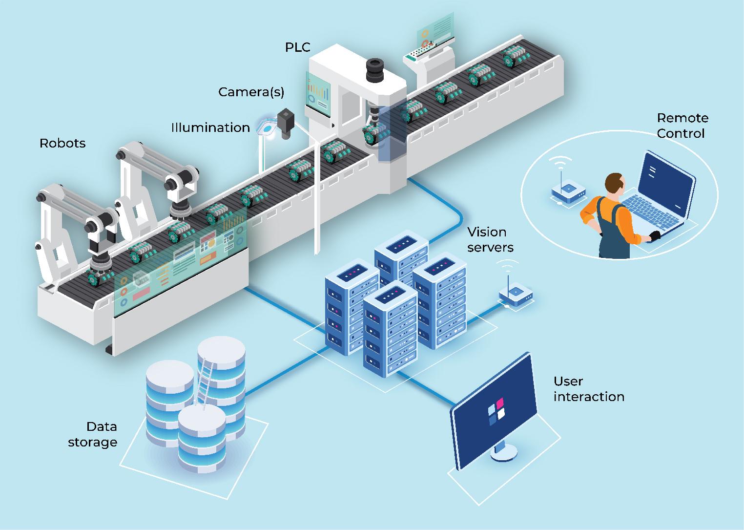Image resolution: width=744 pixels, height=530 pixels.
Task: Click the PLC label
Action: point(297,47)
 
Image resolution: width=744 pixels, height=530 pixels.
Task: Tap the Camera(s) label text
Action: point(251,92)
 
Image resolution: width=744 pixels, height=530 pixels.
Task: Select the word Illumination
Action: point(210,128)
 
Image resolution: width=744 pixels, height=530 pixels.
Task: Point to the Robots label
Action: point(62,144)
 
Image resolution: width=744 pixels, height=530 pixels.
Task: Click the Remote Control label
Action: point(682,126)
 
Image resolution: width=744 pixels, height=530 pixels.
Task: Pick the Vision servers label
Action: point(490,239)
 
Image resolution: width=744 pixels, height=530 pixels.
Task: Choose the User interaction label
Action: point(589,389)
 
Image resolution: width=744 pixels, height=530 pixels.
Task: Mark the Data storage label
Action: point(93,434)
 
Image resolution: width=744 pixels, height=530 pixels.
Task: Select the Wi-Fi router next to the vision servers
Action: point(516,294)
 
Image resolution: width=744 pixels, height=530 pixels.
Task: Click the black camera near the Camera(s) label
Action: point(286,122)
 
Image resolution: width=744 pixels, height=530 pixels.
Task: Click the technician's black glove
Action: point(654,236)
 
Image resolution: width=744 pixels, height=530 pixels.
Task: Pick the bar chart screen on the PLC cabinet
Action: point(318,90)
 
